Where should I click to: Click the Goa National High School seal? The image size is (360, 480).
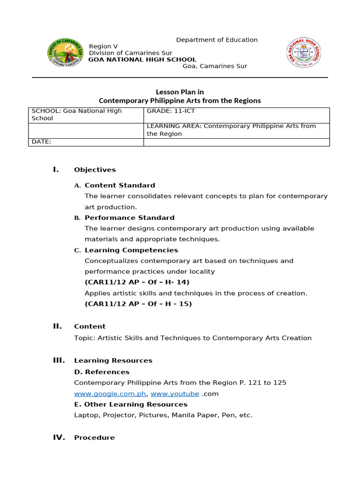[x=304, y=53]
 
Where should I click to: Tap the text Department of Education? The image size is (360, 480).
[x=217, y=40]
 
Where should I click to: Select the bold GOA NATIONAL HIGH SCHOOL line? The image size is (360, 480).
[x=142, y=60]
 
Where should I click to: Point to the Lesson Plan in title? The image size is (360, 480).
[x=180, y=92]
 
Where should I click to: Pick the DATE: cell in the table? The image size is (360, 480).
[x=86, y=142]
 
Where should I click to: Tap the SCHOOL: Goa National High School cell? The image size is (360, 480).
[x=86, y=115]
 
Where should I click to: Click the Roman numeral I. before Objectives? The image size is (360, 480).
[x=56, y=169]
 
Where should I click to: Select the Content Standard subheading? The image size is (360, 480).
[x=120, y=185]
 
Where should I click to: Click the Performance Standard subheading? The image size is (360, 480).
[x=129, y=217]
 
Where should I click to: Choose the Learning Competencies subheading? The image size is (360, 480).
[x=131, y=250]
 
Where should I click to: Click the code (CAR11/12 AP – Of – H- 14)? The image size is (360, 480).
[x=137, y=282]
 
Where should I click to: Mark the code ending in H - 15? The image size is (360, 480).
[x=138, y=304]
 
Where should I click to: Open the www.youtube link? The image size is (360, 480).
[x=174, y=394]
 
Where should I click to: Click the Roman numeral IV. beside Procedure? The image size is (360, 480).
[x=59, y=437]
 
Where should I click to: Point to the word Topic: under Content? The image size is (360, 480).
[x=84, y=338]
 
